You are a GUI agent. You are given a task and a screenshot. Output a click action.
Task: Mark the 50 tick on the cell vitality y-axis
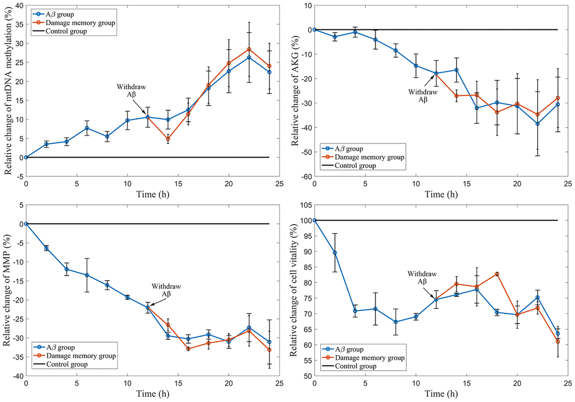click(305, 376)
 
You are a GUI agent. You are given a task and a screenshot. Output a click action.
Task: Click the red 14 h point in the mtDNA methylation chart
click(168, 138)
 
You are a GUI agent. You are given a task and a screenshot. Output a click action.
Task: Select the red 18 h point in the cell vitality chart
click(497, 274)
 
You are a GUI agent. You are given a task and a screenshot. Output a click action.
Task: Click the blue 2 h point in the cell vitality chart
click(335, 252)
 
